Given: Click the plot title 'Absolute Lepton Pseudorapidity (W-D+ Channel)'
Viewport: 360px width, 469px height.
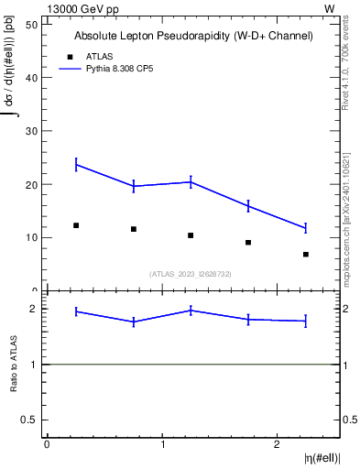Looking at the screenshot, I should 193,36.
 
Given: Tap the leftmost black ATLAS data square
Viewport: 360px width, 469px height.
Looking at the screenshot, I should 76,225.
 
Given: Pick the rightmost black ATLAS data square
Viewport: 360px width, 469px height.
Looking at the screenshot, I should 306,254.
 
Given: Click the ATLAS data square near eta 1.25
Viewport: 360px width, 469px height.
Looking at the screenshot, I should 191,235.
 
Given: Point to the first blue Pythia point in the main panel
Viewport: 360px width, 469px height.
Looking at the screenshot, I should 76,165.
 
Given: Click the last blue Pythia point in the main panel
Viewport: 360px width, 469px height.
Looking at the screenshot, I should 306,228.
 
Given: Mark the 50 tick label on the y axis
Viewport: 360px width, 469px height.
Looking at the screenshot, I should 32,24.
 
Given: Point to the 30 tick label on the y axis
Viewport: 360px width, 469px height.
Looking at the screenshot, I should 32,131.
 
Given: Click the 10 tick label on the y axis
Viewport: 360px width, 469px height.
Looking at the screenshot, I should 32,238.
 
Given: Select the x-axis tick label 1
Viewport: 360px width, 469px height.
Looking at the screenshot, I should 162,444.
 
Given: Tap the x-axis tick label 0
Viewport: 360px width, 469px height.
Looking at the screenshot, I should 47,444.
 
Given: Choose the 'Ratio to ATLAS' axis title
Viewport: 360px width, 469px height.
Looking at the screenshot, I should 14,365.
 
